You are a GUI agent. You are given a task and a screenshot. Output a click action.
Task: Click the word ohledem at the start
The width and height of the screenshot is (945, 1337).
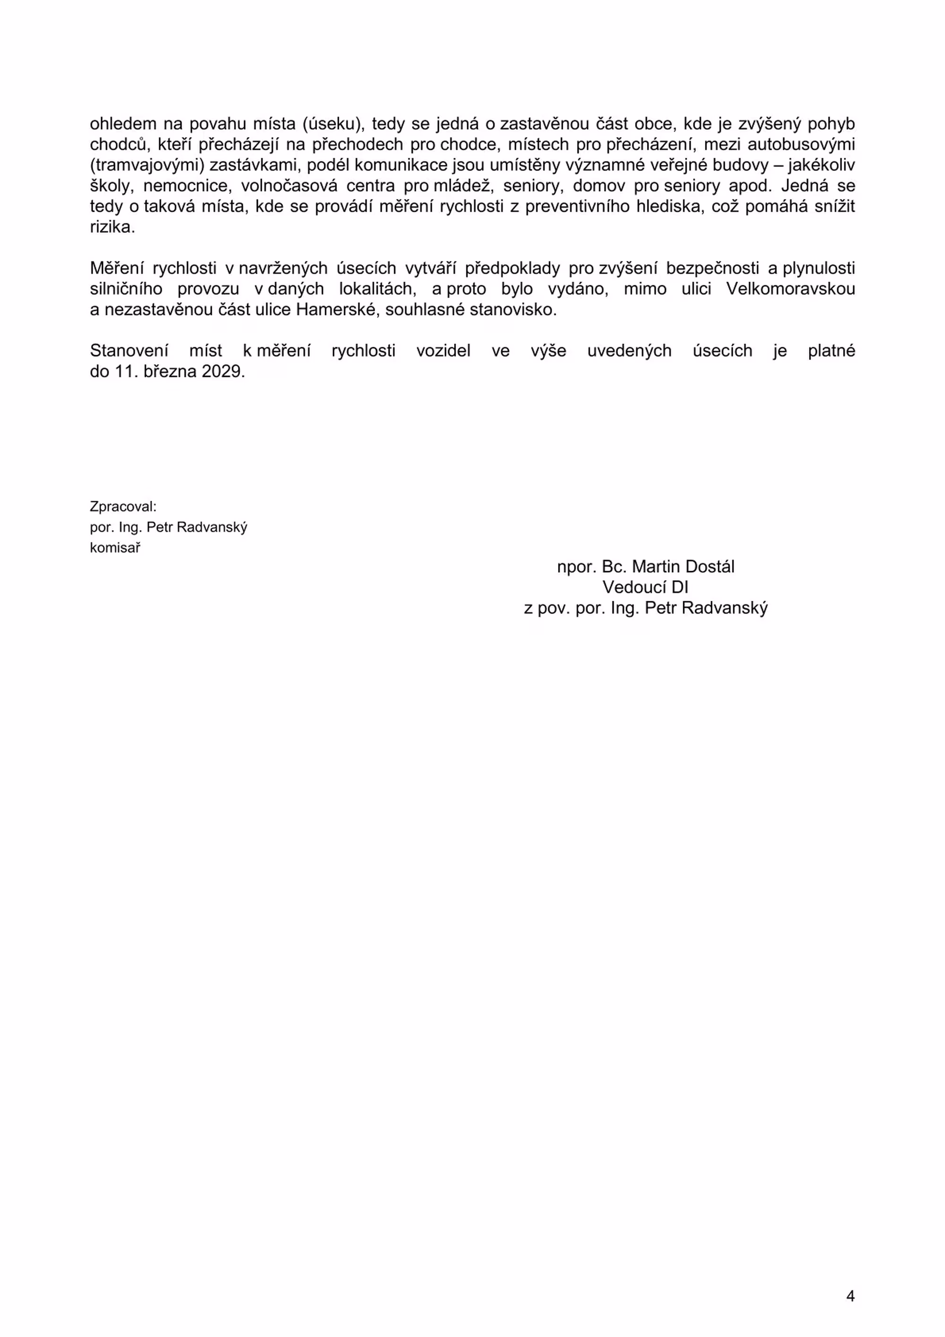pos(123,124)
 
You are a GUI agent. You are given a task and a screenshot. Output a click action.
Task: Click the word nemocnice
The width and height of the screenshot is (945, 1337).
pos(186,186)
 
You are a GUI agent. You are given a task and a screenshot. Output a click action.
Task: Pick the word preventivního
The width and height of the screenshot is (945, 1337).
pos(577,207)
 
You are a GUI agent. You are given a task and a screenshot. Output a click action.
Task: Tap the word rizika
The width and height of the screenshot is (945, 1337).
pos(112,227)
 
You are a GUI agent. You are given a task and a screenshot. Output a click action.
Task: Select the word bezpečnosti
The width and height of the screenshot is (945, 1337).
pos(712,268)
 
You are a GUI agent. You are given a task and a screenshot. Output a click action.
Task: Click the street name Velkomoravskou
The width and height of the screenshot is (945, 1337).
pos(790,289)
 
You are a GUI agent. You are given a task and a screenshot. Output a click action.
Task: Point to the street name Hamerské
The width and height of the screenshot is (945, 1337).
pos(336,310)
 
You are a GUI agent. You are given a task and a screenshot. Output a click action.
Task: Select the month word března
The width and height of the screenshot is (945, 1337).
pos(170,371)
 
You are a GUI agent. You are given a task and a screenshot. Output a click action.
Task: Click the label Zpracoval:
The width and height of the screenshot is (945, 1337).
pos(123,506)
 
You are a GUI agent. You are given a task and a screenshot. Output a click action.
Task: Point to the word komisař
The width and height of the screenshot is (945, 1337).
pos(115,548)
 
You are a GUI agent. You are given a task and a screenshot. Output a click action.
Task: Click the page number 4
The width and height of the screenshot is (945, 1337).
pos(850,1296)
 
